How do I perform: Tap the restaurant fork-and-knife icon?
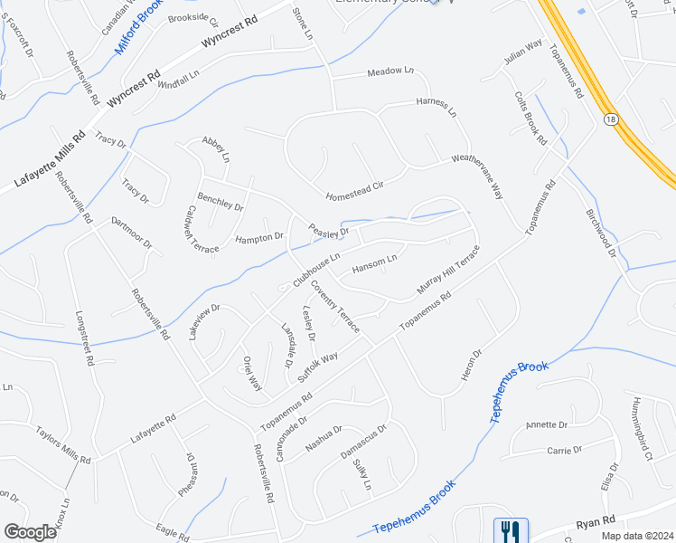coord(509,529)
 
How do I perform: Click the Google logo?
coord(31,532)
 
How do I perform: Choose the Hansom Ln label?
coord(374,263)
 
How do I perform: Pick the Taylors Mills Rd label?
coord(63,444)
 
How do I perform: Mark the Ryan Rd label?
coord(596,521)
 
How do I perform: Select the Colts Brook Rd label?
coord(531,118)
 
